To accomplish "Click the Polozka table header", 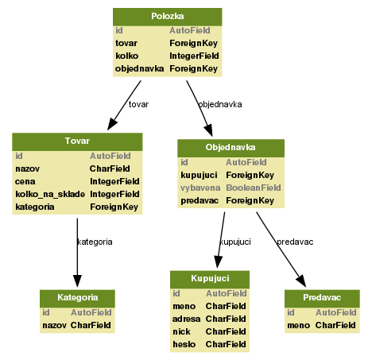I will [167, 17].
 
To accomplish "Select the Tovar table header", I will [77, 141].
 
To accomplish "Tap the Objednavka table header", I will [230, 148].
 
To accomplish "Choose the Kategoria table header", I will [77, 297].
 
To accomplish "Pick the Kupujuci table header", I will [210, 279].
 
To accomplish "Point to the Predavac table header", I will [321, 297].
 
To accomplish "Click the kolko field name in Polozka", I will [127, 56].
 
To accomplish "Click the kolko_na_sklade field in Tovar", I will [49, 194].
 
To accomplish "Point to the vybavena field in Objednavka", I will [200, 188].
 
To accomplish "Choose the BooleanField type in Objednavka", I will [254, 188].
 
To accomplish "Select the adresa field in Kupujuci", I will [187, 319].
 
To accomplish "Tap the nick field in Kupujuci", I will [182, 331].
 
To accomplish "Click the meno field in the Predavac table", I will [299, 325].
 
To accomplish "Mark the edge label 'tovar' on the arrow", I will [138, 104].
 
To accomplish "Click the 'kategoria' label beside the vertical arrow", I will [95, 241].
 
